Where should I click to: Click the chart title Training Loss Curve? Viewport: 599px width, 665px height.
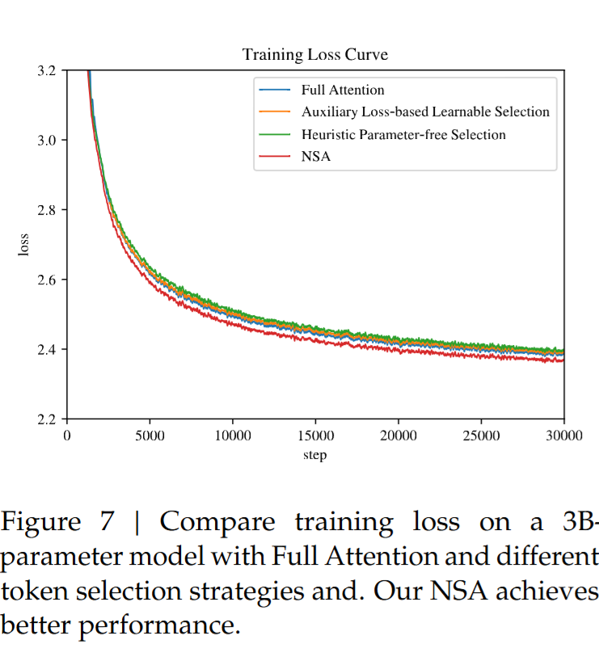[315, 55]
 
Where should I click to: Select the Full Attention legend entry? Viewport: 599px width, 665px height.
[343, 90]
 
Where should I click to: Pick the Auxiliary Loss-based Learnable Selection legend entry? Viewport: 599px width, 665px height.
[425, 112]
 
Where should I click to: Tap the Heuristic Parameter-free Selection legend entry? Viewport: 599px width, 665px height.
[403, 134]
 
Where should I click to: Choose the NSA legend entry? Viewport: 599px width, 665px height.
[316, 157]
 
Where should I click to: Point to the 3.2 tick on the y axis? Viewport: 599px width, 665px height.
[47, 71]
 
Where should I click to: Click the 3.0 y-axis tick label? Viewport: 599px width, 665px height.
[47, 141]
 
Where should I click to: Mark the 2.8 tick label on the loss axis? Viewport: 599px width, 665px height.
[47, 210]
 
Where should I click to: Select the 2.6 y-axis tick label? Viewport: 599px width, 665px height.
[47, 280]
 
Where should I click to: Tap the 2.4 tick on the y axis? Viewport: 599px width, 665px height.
[47, 350]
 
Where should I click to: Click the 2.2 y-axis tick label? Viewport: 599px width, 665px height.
[47, 419]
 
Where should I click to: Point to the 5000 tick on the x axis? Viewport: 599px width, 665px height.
[150, 436]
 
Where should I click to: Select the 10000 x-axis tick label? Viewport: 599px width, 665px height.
[233, 436]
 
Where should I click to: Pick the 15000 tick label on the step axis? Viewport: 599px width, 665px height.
[315, 436]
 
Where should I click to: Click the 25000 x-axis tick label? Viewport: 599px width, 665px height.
[481, 436]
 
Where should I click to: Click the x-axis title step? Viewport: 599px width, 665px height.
[315, 455]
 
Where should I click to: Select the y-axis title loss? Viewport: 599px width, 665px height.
[23, 245]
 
